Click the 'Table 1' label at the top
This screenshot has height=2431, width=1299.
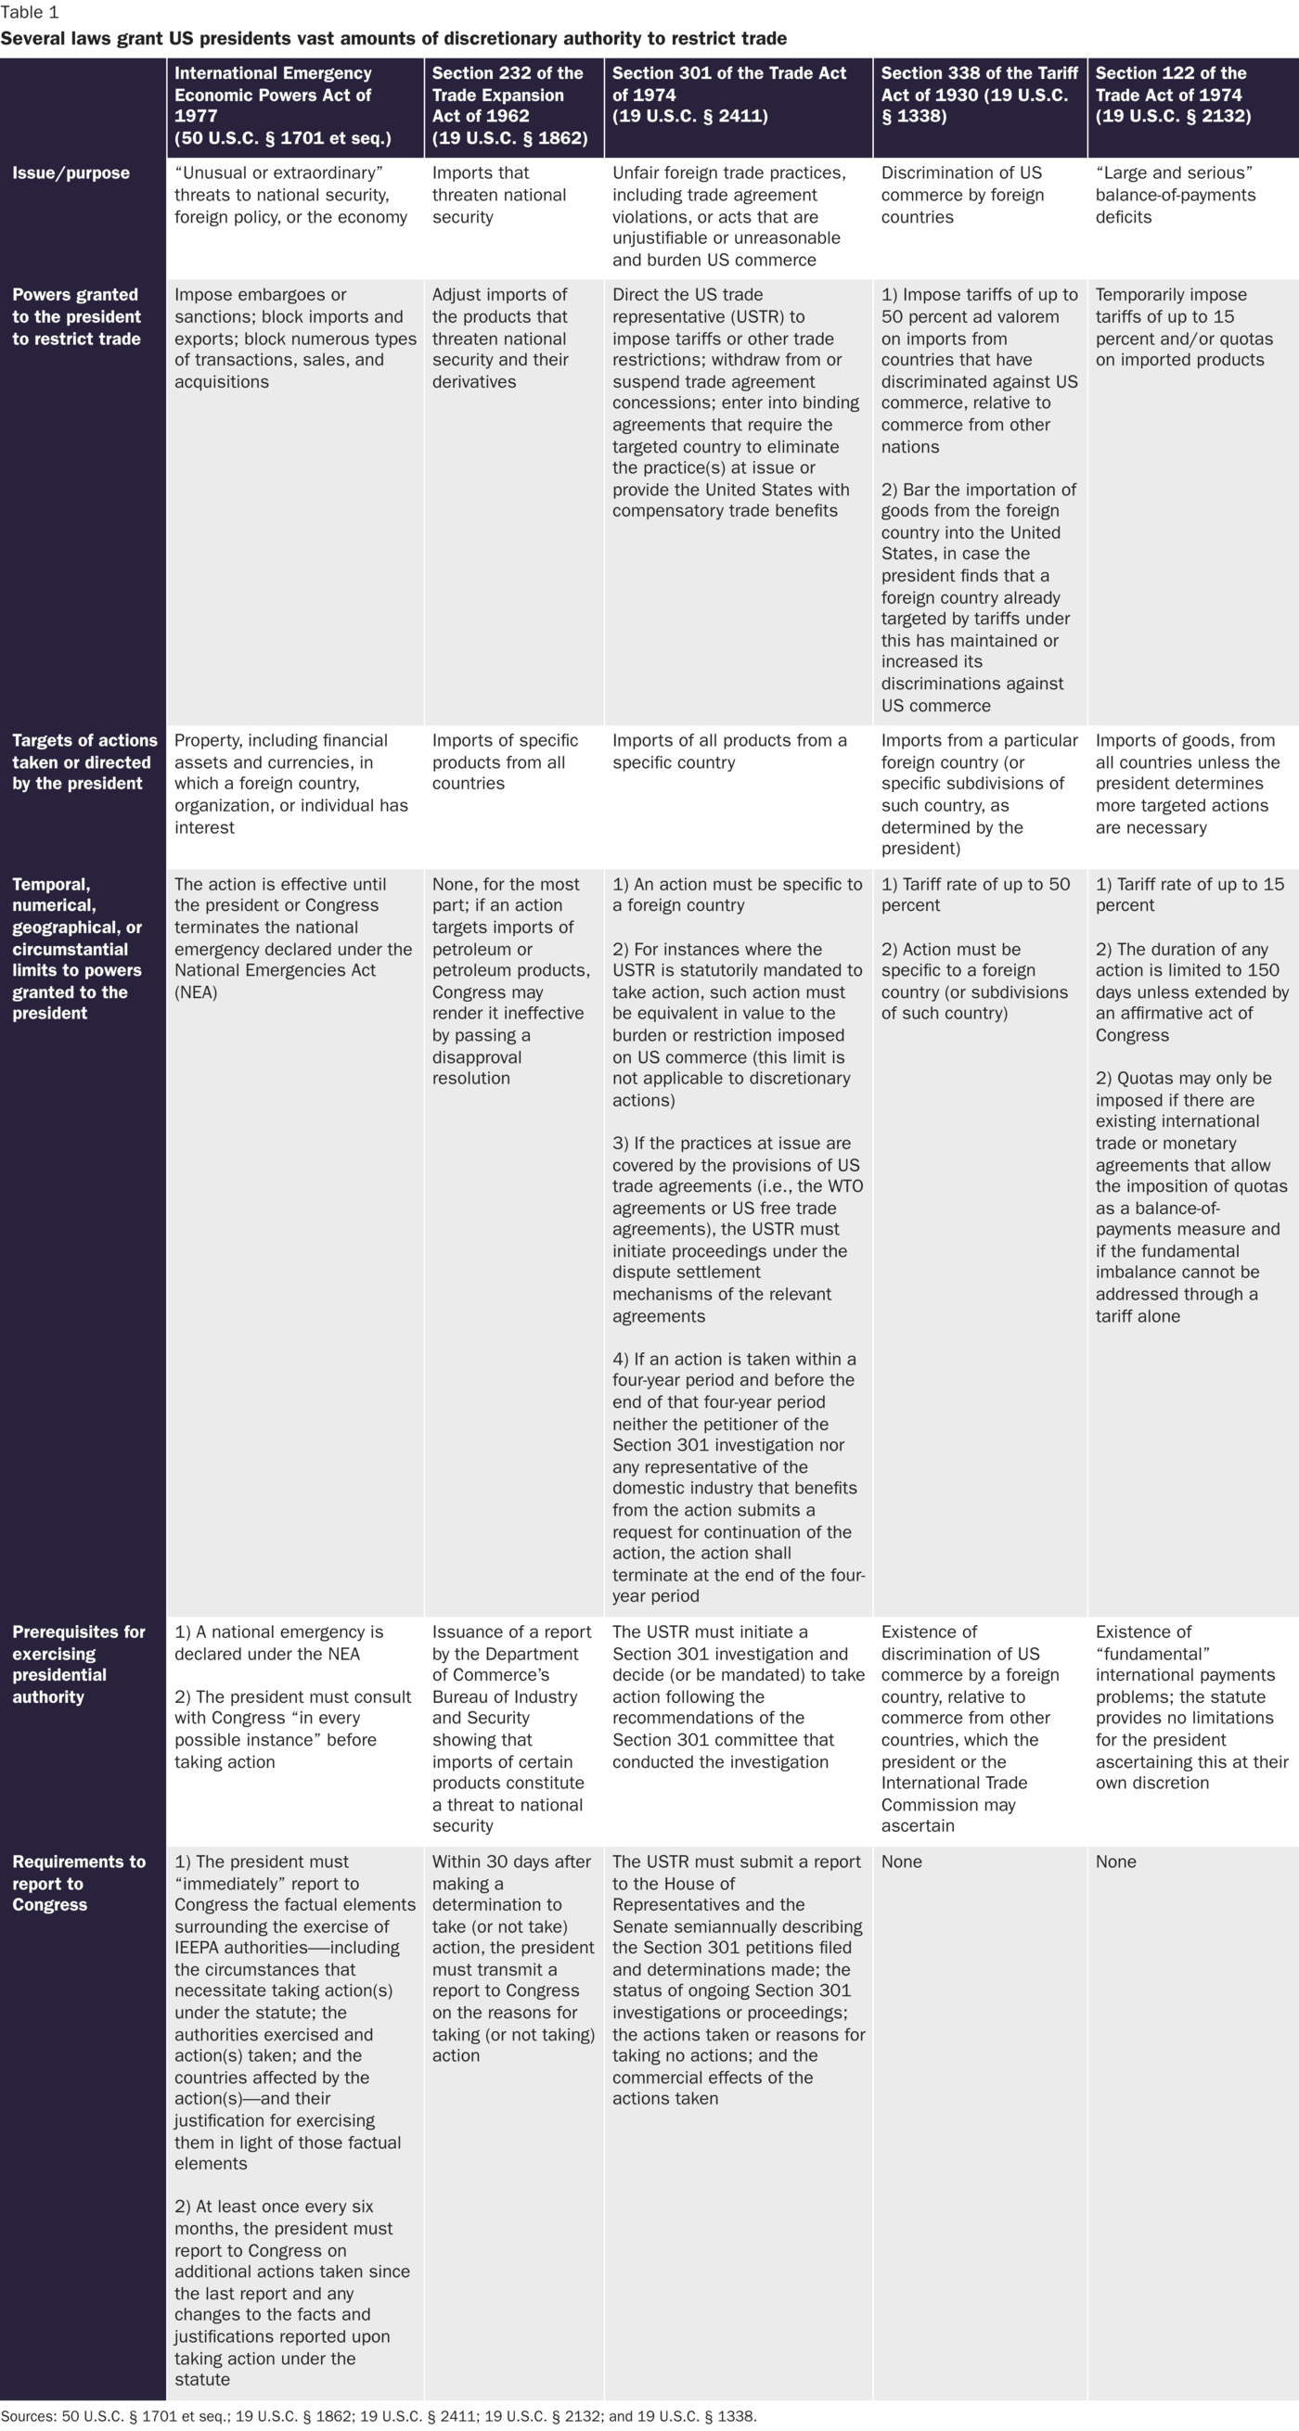[31, 13]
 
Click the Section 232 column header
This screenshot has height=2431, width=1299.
[509, 106]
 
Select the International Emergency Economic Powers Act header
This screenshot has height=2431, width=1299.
[283, 106]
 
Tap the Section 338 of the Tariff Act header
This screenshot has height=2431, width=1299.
[979, 95]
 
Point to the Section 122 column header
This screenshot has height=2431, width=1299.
[1174, 95]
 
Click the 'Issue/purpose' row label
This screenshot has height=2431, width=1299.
[71, 173]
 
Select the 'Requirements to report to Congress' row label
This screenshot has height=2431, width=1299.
[78, 1883]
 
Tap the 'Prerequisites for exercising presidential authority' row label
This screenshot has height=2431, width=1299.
[78, 1664]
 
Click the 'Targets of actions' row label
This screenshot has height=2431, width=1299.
[84, 761]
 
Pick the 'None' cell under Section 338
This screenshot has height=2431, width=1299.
[902, 1862]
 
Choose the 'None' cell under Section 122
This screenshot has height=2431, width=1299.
[1116, 1862]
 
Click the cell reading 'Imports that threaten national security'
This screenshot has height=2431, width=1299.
[499, 196]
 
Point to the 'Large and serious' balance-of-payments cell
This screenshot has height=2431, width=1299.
[1176, 196]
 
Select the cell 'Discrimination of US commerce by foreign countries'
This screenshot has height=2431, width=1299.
[962, 196]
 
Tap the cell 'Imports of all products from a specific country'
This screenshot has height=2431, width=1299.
[729, 751]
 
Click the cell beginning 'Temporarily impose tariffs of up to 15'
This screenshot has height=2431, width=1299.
[1184, 327]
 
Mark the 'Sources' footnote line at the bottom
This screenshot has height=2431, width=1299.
[379, 2416]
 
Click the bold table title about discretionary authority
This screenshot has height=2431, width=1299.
[393, 39]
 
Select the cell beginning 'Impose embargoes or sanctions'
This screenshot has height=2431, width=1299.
[294, 338]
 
